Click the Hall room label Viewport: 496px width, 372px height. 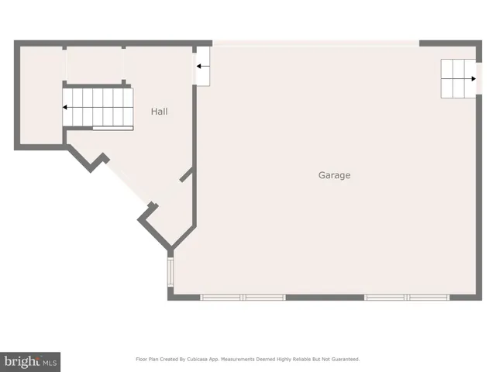tap(159, 112)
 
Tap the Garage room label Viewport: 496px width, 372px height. tap(334, 175)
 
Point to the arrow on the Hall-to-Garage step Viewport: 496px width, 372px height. tap(201, 67)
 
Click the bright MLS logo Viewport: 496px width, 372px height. tap(31, 361)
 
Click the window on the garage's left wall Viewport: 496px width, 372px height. tap(170, 273)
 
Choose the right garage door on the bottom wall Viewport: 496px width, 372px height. tap(407, 297)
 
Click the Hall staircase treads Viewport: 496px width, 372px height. tap(97, 106)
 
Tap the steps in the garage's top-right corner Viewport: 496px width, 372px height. tap(458, 78)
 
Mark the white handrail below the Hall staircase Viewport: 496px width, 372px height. tap(112, 128)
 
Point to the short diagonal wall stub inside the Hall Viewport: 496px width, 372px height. tap(186, 174)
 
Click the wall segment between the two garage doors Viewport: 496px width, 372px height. tap(325, 297)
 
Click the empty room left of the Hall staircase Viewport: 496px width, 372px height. tap(39, 97)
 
